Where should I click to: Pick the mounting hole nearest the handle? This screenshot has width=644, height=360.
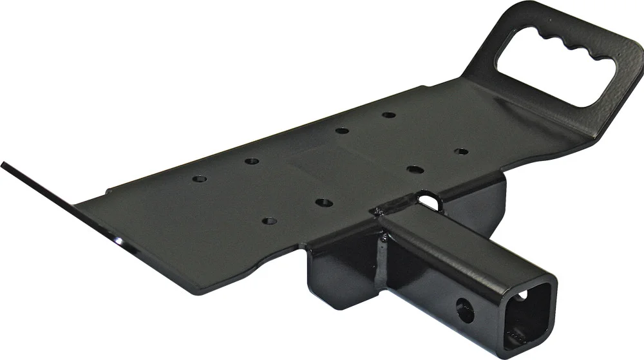pyautogui.click(x=461, y=151)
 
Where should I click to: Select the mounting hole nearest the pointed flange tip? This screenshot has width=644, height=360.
pyautogui.click(x=200, y=178)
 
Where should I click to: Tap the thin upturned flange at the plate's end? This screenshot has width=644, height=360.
pyautogui.click(x=58, y=200)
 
